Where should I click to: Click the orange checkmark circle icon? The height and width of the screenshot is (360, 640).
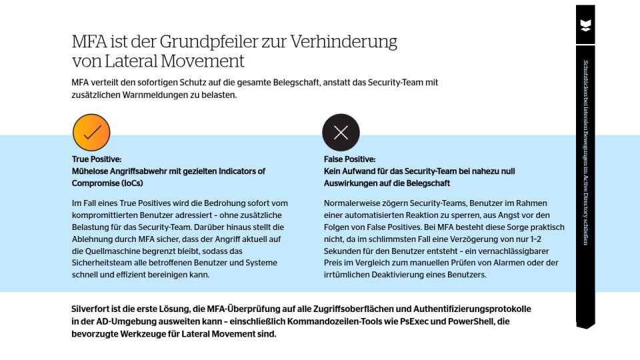(91, 132)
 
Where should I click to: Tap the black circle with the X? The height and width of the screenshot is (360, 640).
(341, 132)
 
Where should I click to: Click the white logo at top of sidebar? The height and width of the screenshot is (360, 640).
(585, 26)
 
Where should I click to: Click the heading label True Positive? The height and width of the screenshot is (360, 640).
(97, 159)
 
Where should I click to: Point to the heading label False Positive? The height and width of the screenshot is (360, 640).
(349, 159)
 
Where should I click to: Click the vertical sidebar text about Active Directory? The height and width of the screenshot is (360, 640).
(585, 153)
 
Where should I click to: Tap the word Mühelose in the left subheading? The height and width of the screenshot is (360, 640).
(91, 171)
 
